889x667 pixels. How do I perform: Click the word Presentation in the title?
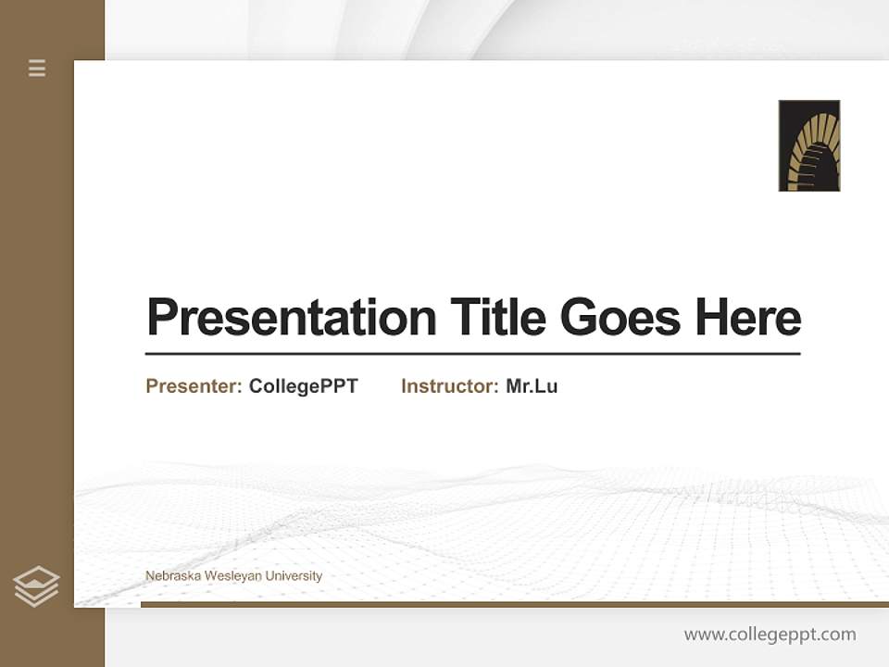291,318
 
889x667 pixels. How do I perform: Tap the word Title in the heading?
497,318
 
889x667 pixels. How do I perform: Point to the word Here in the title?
747,318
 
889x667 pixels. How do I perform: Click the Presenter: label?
194,386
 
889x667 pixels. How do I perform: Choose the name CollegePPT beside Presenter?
303,386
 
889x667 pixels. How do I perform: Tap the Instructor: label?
449,386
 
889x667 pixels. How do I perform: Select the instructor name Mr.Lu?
532,386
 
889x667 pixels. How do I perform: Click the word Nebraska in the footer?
172,576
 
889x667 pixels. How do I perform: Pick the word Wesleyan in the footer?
232,576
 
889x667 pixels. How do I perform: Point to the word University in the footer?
294,576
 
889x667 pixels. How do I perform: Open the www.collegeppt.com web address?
770,635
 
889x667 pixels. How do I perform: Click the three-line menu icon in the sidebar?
37,68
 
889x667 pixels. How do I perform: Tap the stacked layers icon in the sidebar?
36,586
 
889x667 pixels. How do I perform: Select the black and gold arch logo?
808,145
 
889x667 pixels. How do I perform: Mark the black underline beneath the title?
472,354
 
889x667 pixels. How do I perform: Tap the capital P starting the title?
161,318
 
